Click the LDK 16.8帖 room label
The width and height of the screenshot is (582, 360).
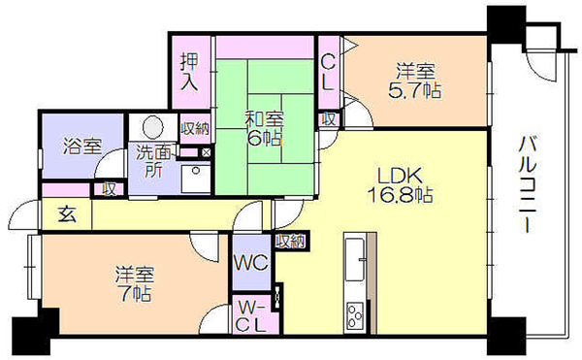click(x=400, y=184)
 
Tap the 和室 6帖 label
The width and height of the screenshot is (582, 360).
click(x=265, y=129)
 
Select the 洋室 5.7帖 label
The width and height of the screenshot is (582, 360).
click(x=415, y=81)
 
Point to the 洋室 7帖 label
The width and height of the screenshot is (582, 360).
click(x=134, y=284)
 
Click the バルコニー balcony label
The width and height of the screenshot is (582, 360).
click(x=527, y=184)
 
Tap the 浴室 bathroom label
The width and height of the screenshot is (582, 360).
click(x=82, y=146)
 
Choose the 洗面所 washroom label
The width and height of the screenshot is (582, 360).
click(x=153, y=161)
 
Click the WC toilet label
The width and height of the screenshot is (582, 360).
click(x=251, y=263)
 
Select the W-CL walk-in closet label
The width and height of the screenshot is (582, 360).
click(x=251, y=315)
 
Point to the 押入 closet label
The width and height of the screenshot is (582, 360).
click(x=189, y=72)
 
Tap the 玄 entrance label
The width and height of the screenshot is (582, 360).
click(x=68, y=214)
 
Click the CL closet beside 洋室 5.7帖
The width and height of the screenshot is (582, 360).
click(x=328, y=73)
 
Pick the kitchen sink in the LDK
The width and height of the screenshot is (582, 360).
click(x=355, y=259)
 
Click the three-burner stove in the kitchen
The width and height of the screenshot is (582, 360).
click(x=355, y=315)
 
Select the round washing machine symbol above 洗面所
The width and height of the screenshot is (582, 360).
click(x=153, y=127)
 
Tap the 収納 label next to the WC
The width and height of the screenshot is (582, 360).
click(x=290, y=242)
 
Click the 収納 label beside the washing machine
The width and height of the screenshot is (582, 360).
click(x=195, y=129)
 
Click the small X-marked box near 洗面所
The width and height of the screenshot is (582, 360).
click(x=206, y=152)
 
